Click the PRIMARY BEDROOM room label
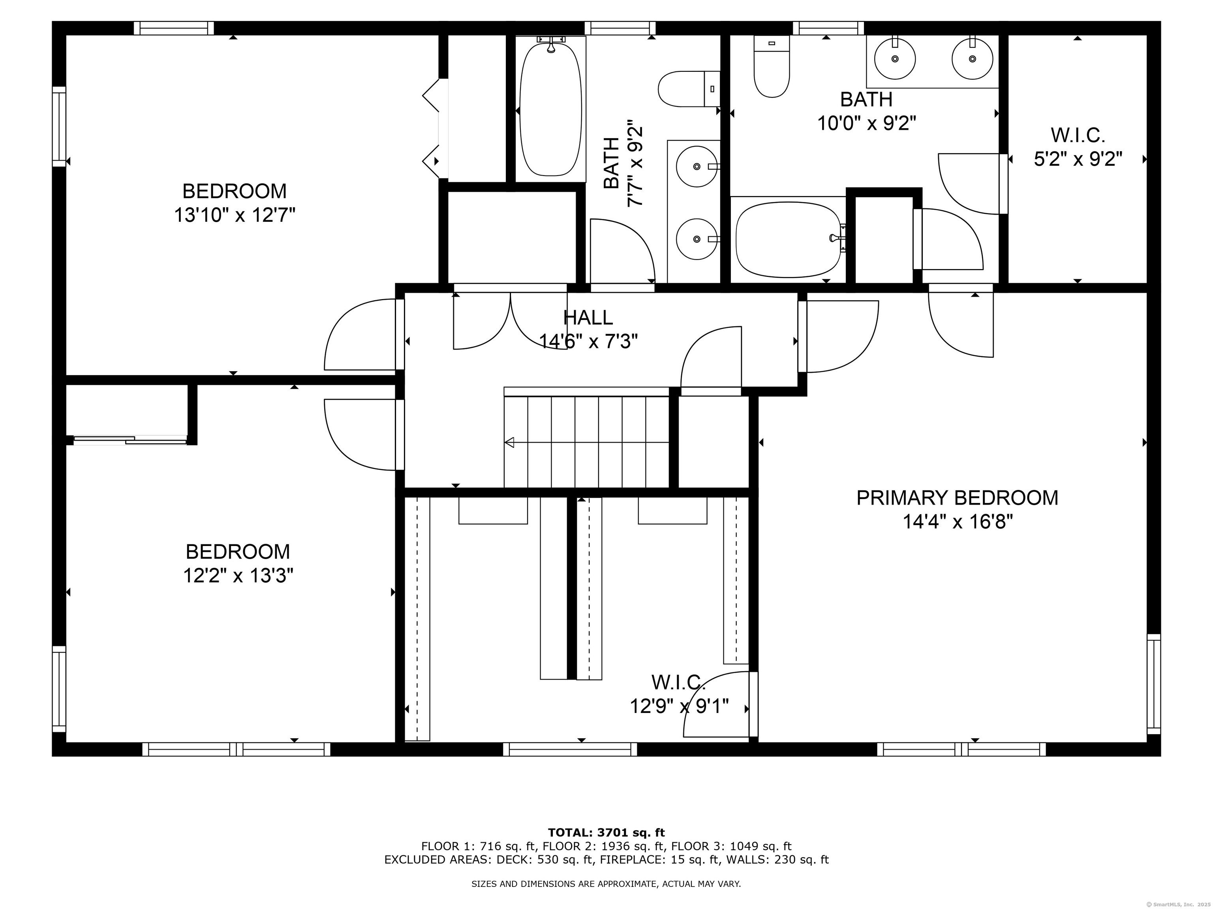[957, 498]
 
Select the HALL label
[588, 317]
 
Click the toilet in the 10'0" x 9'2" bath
[772, 66]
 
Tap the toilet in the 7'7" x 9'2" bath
[689, 89]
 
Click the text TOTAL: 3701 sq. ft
[606, 833]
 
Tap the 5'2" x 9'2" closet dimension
[1078, 159]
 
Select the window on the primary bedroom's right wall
[1154, 684]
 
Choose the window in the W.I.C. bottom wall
[570, 749]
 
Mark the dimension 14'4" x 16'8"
[958, 522]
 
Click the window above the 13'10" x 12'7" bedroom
[174, 28]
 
